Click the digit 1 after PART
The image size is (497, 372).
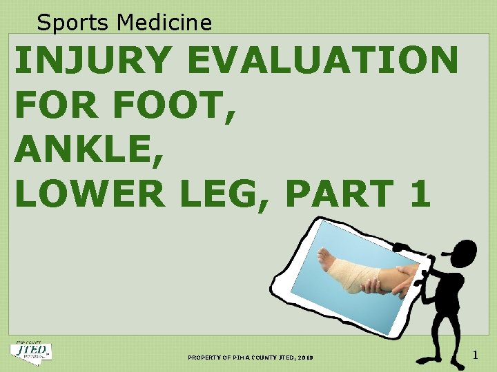420,194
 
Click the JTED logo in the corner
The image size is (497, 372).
30,351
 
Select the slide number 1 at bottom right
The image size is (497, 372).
476,355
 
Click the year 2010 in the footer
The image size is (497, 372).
305,358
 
